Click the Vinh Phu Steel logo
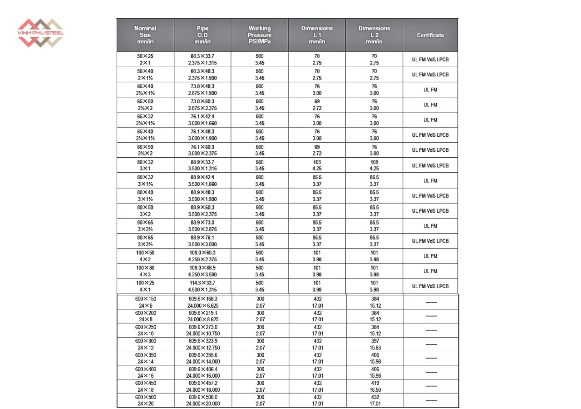click(x=40, y=33)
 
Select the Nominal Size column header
click(x=145, y=35)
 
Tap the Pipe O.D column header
click(x=202, y=35)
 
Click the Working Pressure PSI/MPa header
click(x=260, y=35)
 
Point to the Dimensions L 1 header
click(x=317, y=35)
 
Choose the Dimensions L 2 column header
click(x=374, y=35)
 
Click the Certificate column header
click(x=430, y=35)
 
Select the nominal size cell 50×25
click(x=145, y=60)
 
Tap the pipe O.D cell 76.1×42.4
click(x=202, y=120)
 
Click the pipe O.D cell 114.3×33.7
click(x=202, y=286)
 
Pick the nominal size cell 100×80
click(x=145, y=271)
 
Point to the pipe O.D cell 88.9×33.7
click(x=202, y=165)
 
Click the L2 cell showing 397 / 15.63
click(x=375, y=344)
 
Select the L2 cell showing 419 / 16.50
click(x=375, y=386)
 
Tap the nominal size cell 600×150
click(x=146, y=302)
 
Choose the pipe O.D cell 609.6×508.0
click(x=203, y=400)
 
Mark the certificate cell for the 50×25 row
click(x=430, y=60)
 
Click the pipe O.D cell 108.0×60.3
click(x=202, y=256)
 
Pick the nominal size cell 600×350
click(x=146, y=358)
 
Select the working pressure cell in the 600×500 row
click(x=260, y=400)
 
